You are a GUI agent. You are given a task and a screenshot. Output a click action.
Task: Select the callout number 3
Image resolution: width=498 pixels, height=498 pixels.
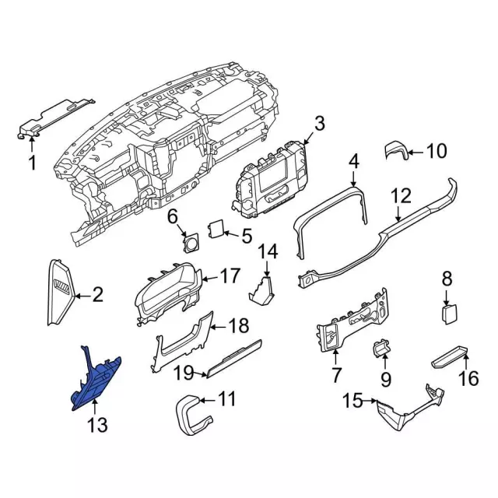point(319,124)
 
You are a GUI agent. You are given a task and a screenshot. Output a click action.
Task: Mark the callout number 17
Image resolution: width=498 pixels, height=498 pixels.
point(231,275)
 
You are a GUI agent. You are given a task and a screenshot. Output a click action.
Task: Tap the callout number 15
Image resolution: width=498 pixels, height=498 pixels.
point(352,401)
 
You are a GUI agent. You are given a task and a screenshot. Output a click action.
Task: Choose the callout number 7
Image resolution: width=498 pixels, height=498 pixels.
point(336,377)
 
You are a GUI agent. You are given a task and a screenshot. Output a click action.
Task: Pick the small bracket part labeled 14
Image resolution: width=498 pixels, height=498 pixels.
point(262,291)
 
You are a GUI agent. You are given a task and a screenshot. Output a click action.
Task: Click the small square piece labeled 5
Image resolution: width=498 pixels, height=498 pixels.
point(216,229)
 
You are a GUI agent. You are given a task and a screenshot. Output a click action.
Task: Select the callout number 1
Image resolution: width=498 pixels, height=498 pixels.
point(33,163)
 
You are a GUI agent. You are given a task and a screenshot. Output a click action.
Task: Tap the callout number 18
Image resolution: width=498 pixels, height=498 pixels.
point(239,325)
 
